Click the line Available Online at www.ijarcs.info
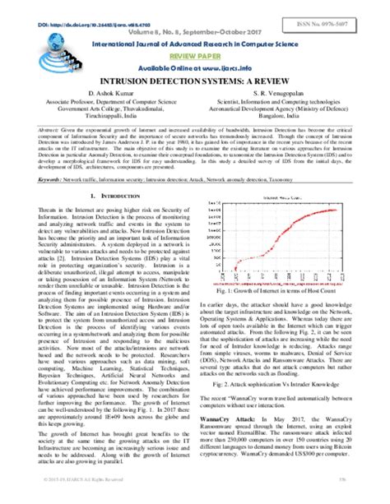[x=195, y=66]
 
